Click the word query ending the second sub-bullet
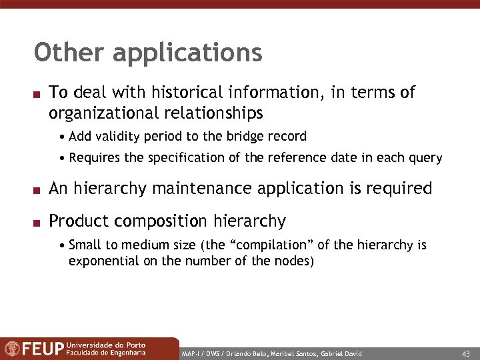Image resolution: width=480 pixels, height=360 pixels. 427,158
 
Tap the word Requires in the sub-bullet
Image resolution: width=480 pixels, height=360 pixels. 93,158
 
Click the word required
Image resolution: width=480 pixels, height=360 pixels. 397,189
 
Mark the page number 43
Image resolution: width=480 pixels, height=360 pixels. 465,353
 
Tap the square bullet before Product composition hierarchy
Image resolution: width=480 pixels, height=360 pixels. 38,221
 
